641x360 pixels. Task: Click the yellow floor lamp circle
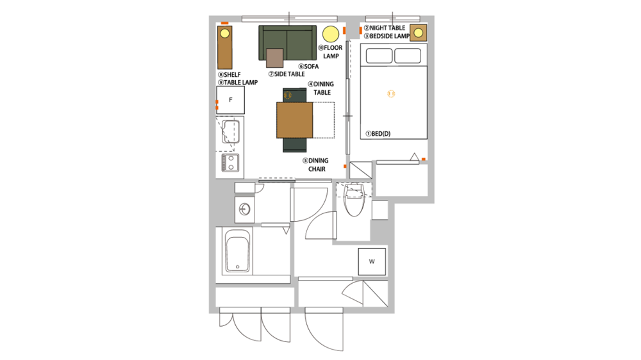pyautogui.click(x=331, y=33)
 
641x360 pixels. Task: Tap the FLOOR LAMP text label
pyautogui.click(x=331, y=52)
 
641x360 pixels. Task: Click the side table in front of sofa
pyautogui.click(x=275, y=58)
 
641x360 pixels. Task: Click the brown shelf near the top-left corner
pyautogui.click(x=224, y=48)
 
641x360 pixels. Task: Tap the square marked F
pyautogui.click(x=230, y=101)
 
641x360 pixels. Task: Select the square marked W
pyautogui.click(x=372, y=261)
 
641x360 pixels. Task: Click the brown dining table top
pyautogui.click(x=294, y=120)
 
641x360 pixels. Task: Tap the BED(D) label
pyautogui.click(x=378, y=133)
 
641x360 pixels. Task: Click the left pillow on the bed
pyautogui.click(x=378, y=56)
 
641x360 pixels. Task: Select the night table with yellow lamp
pyautogui.click(x=418, y=33)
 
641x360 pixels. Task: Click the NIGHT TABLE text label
pyautogui.click(x=385, y=28)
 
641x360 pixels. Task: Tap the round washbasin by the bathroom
pyautogui.click(x=244, y=209)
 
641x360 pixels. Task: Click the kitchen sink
pyautogui.click(x=230, y=131)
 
